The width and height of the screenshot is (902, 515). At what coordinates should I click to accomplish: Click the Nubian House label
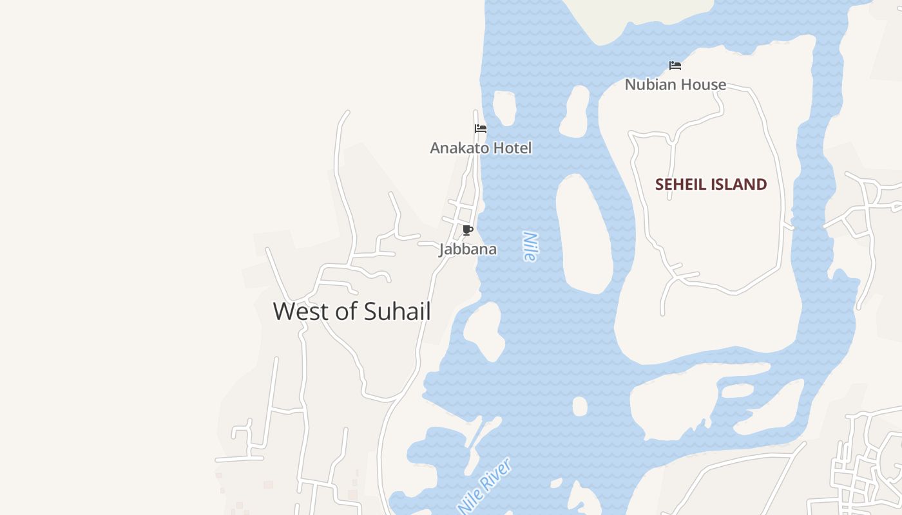675,84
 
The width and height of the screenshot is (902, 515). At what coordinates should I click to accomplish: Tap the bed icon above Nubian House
675,66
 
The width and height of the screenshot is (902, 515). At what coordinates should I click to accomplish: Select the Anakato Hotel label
481,148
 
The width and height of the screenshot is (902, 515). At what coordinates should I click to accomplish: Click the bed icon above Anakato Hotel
481,129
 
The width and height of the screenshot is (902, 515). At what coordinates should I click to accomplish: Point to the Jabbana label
468,249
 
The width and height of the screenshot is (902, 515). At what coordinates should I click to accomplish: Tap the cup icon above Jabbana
468,230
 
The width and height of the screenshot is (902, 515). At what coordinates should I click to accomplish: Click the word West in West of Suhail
302,312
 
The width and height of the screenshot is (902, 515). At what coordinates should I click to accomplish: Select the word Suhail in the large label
397,312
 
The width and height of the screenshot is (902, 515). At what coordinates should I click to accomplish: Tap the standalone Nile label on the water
530,247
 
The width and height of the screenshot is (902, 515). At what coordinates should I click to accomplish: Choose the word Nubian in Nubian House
649,84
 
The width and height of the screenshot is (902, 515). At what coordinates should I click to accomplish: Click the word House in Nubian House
702,84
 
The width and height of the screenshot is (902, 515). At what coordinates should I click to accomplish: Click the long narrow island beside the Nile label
584,235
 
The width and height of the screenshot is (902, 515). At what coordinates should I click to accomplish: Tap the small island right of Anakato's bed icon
504,108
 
